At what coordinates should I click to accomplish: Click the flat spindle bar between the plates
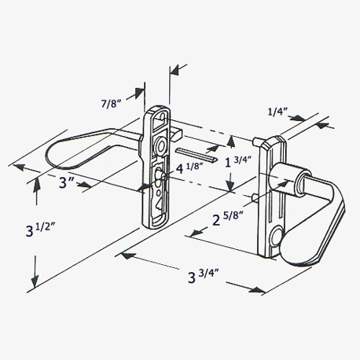pos(194,152)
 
